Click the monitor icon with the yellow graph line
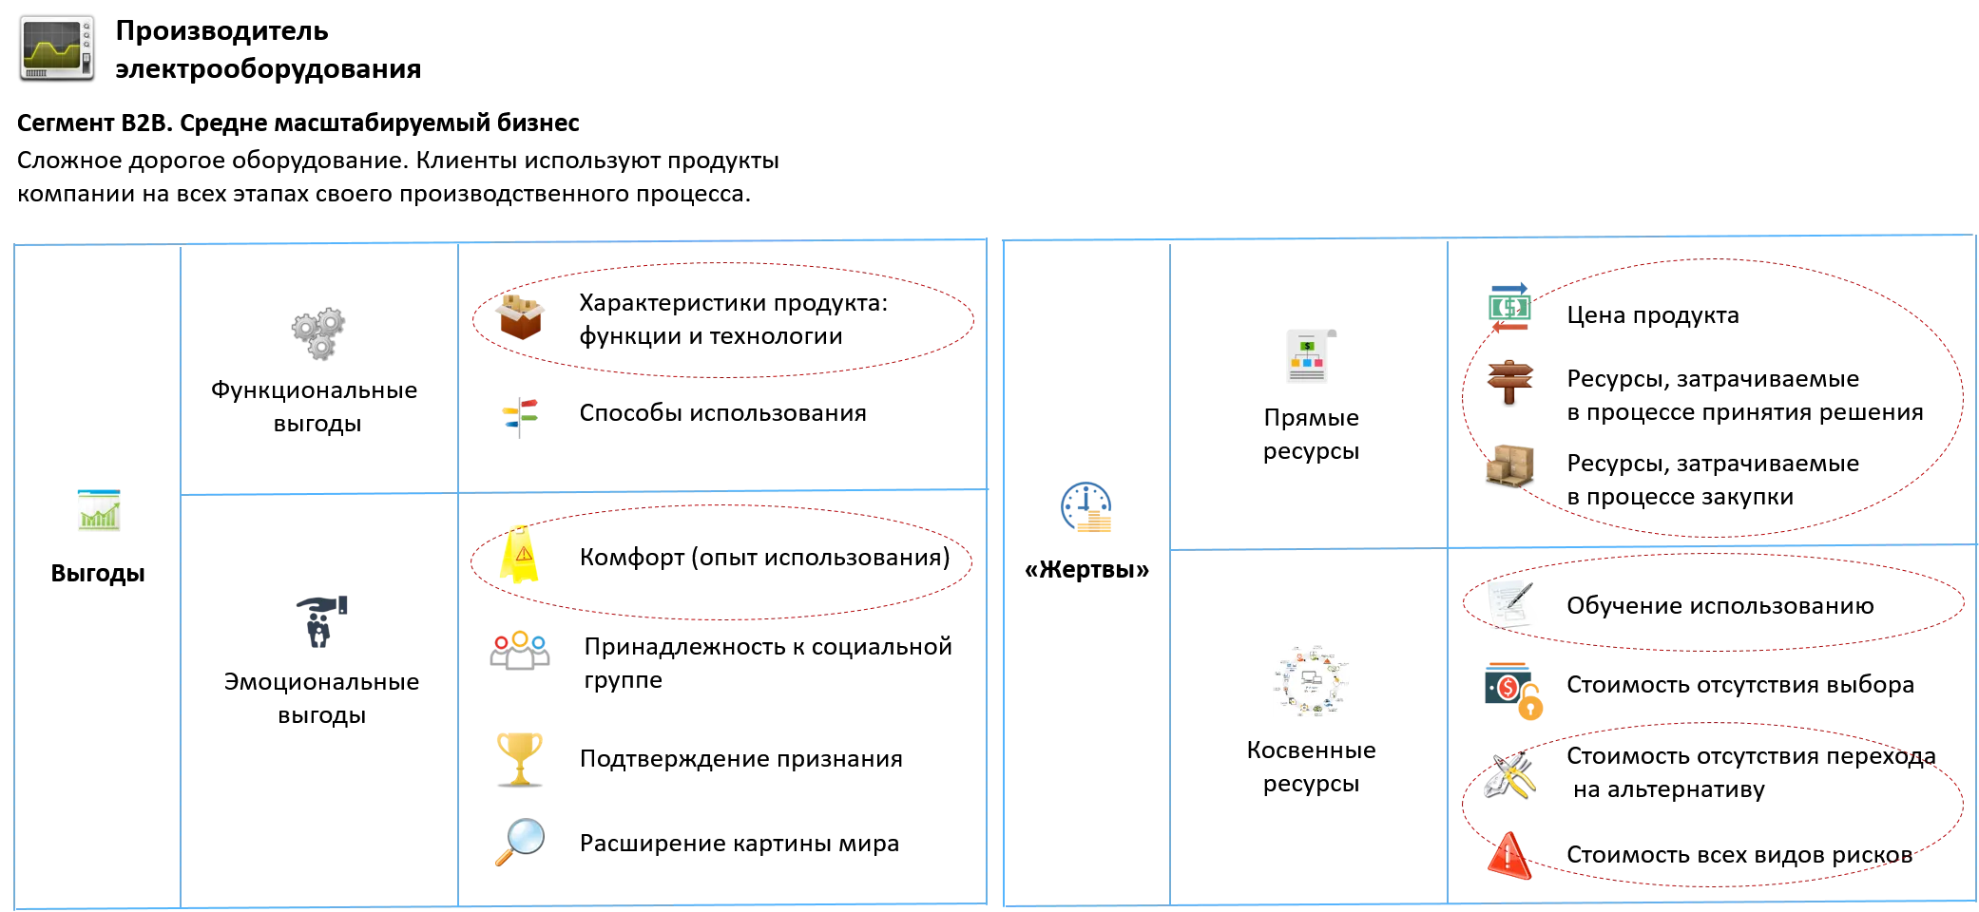click(58, 47)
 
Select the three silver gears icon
click(319, 333)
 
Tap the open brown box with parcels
click(520, 316)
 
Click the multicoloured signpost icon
click(519, 417)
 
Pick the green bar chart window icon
click(99, 509)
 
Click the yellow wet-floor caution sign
click(519, 555)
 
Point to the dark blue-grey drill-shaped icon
click(320, 621)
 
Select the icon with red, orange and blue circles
click(520, 649)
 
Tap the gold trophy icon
click(520, 758)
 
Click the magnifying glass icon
click(520, 840)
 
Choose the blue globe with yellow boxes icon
click(1087, 509)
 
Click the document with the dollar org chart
click(1309, 357)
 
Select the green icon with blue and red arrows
click(1508, 307)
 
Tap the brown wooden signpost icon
click(1509, 380)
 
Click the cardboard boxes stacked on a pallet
click(1509, 465)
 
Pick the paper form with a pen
click(1511, 605)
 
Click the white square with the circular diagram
click(1311, 680)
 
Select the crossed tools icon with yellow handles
click(1508, 775)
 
